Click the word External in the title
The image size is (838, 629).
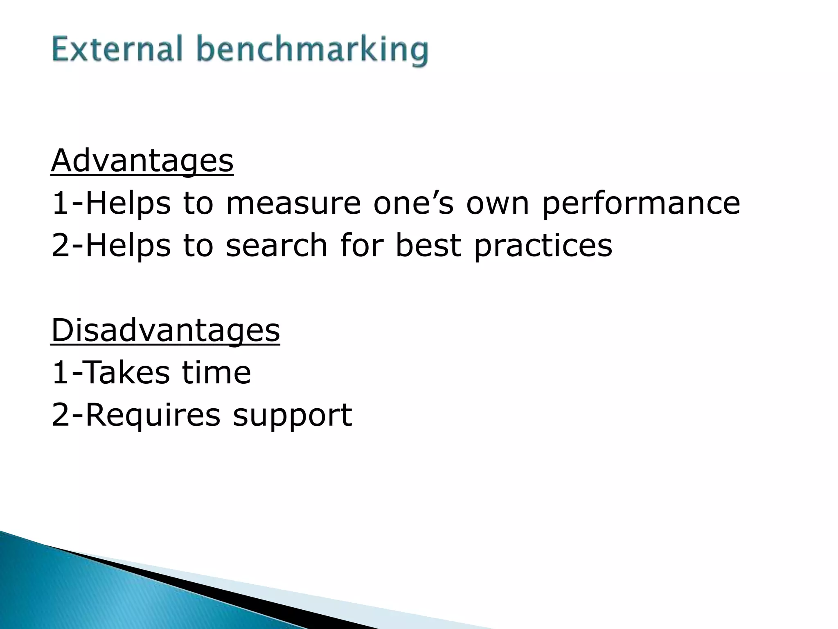(117, 49)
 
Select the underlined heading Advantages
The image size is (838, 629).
(142, 161)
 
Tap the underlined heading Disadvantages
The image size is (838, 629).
(166, 330)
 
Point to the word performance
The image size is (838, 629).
(641, 204)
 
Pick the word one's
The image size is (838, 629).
(413, 203)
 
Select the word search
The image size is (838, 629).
(277, 245)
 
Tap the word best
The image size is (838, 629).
(428, 245)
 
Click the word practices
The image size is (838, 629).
(543, 246)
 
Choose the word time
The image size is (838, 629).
(216, 373)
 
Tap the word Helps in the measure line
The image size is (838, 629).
(128, 204)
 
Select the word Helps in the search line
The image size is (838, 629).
(128, 246)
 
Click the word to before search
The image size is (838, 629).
(198, 245)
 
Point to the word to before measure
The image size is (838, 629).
(198, 203)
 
